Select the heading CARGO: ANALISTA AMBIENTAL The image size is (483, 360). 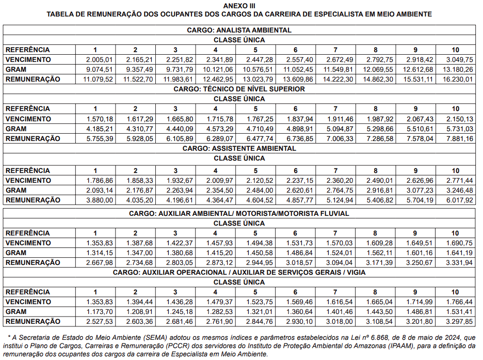(x=239, y=30)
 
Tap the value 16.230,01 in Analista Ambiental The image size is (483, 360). (x=456, y=79)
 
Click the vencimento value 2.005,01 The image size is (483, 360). (x=100, y=59)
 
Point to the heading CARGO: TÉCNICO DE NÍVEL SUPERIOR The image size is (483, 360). (x=239, y=89)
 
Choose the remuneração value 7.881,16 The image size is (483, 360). (x=456, y=138)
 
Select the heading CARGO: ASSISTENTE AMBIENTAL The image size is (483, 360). (x=239, y=148)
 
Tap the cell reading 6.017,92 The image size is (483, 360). (x=456, y=200)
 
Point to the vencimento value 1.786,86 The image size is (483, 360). (x=100, y=180)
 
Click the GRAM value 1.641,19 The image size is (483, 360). (x=456, y=253)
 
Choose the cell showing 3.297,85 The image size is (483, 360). (x=456, y=321)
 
